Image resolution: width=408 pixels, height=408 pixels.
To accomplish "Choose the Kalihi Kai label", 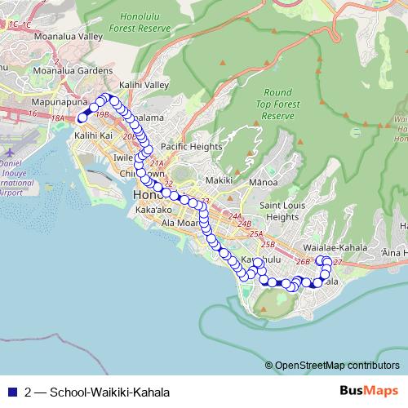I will [x=91, y=135].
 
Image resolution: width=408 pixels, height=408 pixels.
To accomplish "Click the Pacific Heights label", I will [x=191, y=146].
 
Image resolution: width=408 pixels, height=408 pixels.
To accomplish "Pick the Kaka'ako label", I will [x=154, y=210].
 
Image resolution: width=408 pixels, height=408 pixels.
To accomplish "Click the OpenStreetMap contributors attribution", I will [x=336, y=366].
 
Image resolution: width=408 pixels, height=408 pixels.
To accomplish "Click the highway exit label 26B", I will [x=303, y=262].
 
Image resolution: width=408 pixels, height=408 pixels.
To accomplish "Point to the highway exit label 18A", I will [x=57, y=119].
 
